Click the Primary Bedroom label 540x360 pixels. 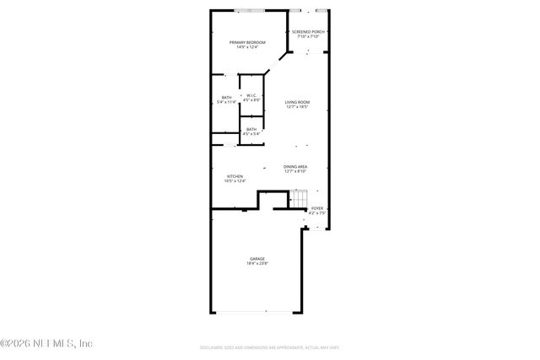click(x=247, y=41)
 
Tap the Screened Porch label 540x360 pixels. click(x=308, y=31)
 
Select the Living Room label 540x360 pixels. click(x=297, y=102)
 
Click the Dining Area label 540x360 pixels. click(x=295, y=166)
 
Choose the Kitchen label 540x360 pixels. click(x=235, y=176)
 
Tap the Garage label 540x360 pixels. click(x=257, y=258)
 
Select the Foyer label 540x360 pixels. click(x=317, y=207)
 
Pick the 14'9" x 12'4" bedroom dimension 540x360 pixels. click(x=247, y=47)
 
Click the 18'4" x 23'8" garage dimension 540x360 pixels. click(x=257, y=264)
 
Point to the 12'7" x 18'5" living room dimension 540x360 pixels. click(x=297, y=107)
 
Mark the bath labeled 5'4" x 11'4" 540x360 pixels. click(x=226, y=99)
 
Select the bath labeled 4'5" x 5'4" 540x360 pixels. click(x=251, y=132)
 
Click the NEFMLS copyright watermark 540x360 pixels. click(x=46, y=343)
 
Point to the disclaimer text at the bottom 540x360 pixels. click(x=270, y=347)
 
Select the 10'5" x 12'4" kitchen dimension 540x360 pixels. click(x=235, y=181)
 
